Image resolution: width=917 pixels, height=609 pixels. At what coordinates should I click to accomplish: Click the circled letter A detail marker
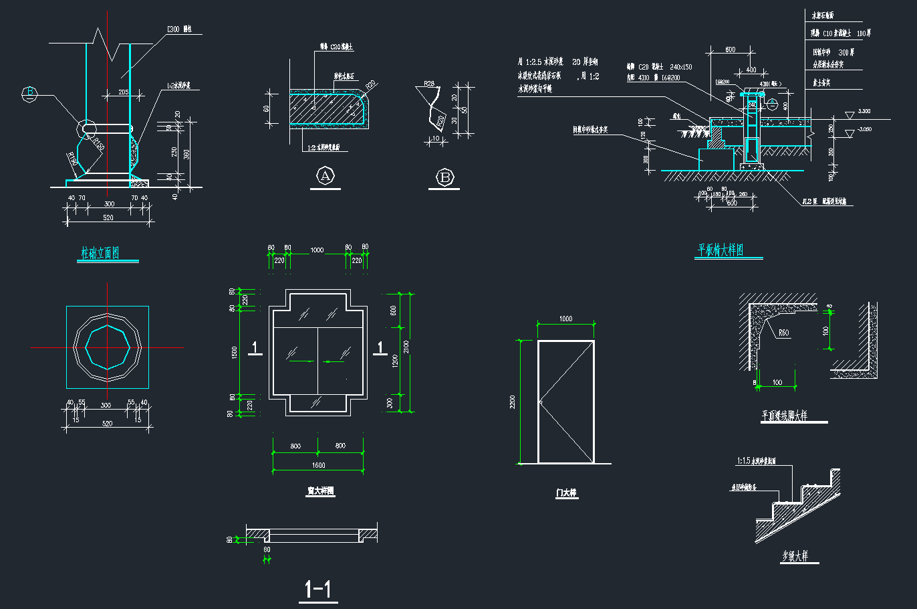coord(325,176)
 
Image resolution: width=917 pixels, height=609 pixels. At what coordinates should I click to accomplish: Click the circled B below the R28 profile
coord(444,177)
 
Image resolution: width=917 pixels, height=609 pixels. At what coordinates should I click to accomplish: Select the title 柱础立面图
coord(100,253)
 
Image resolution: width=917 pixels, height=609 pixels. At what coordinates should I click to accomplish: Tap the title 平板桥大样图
coord(720,250)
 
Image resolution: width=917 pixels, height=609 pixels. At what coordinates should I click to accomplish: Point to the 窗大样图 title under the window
coord(320,491)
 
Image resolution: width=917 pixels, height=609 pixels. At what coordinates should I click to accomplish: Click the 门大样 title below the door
coord(566,493)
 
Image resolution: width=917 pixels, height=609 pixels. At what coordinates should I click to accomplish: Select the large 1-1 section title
coord(318,589)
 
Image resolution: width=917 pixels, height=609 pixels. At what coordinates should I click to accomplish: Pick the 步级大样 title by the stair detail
coord(795,556)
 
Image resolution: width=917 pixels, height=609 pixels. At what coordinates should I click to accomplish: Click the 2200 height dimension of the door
coord(513,402)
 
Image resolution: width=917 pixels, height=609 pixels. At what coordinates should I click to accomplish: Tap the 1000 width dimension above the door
coord(565,319)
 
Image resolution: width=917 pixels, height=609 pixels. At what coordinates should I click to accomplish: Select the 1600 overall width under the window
coord(318,465)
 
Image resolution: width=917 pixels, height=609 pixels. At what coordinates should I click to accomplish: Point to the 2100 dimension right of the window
coord(406,347)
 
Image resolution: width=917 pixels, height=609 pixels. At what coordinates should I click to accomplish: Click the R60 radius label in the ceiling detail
coord(783,333)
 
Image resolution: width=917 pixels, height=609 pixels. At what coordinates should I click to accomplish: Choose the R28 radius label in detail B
coord(428,84)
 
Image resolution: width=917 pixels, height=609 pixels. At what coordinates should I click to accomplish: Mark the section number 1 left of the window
coord(255,347)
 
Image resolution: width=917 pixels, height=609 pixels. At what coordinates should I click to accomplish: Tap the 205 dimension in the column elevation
coord(124,92)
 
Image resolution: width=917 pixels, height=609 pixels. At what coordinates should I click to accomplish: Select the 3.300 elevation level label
coord(864,111)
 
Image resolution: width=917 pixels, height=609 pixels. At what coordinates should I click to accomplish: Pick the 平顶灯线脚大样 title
coord(785,416)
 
